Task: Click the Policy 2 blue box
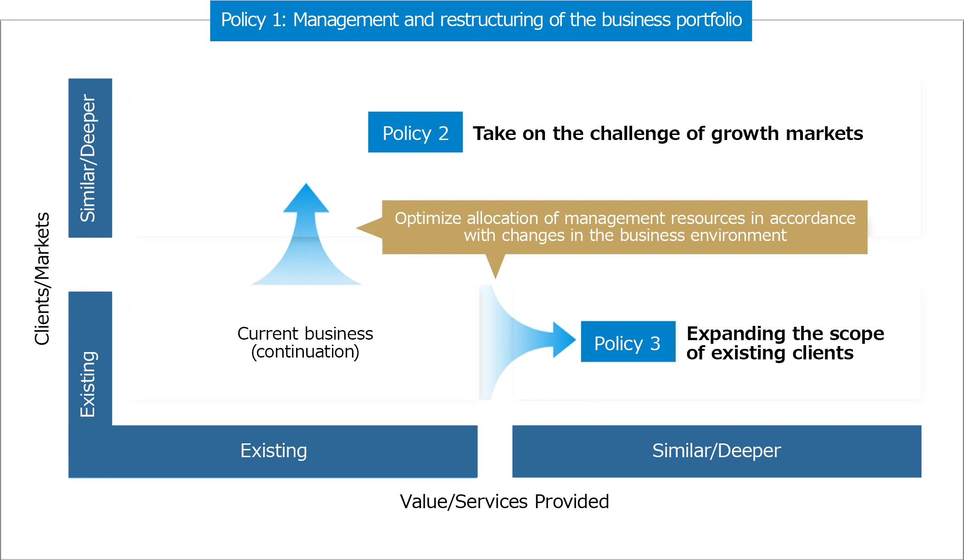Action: pyautogui.click(x=415, y=132)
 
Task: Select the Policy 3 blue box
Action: pyautogui.click(x=628, y=342)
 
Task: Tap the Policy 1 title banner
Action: pyautogui.click(x=481, y=21)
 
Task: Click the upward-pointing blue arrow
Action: pyautogui.click(x=306, y=234)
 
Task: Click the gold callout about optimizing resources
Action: pyautogui.click(x=625, y=227)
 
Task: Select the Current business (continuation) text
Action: pyautogui.click(x=305, y=342)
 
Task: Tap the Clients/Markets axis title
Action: pyautogui.click(x=42, y=279)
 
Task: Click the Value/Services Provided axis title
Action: pyautogui.click(x=504, y=501)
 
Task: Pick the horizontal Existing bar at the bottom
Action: pyautogui.click(x=273, y=451)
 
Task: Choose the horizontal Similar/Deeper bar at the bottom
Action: pyautogui.click(x=717, y=451)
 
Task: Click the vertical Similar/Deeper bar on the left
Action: pyautogui.click(x=90, y=158)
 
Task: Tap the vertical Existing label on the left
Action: pyautogui.click(x=88, y=384)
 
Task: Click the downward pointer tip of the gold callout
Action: pyautogui.click(x=495, y=278)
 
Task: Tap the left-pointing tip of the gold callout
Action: pyautogui.click(x=357, y=228)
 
